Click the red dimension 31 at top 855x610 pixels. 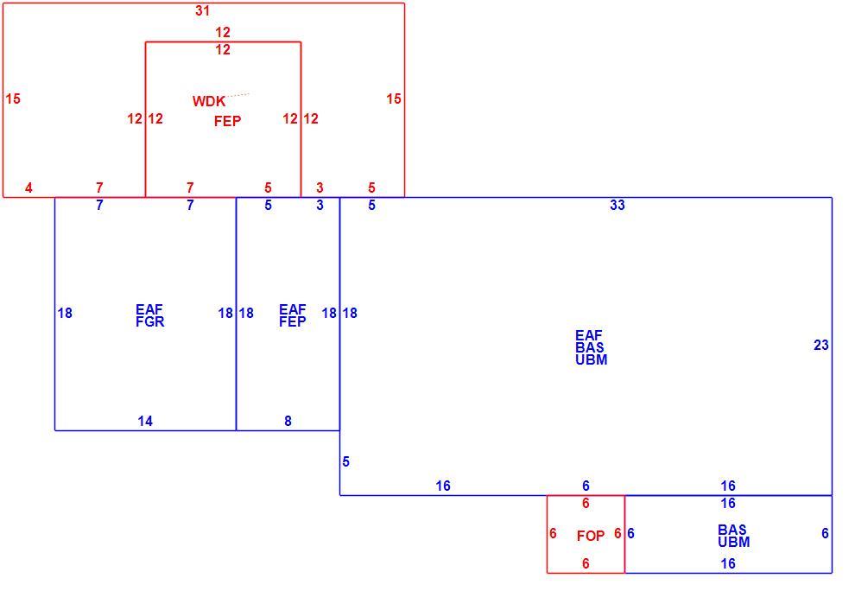coord(202,11)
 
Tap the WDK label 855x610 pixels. coord(209,101)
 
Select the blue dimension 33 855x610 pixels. coord(617,205)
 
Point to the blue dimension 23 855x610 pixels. coord(821,346)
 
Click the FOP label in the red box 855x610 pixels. coord(591,537)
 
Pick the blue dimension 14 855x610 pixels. coord(145,422)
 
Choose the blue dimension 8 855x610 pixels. coord(288,422)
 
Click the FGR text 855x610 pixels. coord(150,322)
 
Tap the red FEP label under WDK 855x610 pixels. coord(227,121)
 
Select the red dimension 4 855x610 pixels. coord(28,188)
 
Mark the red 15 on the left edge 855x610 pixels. coord(13,98)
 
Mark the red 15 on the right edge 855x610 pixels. coord(394,98)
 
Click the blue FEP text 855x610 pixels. coord(293,322)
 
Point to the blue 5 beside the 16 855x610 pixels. coord(345,462)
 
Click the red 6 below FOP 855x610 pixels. coord(586,563)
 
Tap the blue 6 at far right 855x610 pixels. coord(825,534)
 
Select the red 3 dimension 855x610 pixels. coord(320,188)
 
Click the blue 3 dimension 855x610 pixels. coord(320,205)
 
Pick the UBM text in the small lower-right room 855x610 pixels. coord(734,543)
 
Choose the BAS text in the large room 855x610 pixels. coord(590,347)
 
